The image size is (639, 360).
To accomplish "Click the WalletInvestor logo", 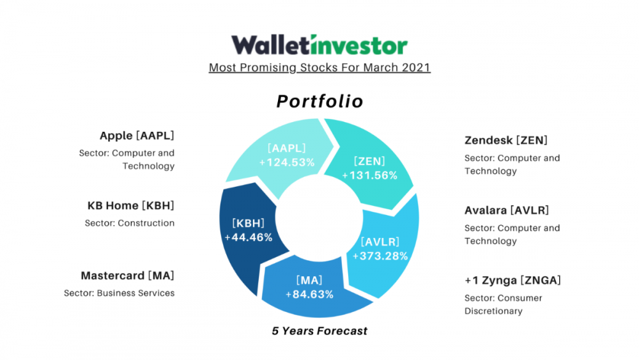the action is [319, 45].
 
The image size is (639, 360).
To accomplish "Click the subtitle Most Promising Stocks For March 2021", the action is [319, 68].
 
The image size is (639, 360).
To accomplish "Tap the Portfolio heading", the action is [320, 101].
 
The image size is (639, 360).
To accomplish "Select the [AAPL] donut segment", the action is [285, 155].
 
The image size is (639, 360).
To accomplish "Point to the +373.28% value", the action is [380, 256].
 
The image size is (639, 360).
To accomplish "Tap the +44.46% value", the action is [249, 237].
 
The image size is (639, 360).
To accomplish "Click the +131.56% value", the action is [369, 175].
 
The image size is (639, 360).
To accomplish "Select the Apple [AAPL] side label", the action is [137, 136].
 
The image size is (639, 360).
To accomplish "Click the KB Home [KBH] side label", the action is [131, 205].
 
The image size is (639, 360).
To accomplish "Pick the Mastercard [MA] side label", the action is [128, 276].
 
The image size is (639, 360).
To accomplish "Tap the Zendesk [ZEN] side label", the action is [506, 140].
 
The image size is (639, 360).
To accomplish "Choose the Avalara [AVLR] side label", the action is [507, 210].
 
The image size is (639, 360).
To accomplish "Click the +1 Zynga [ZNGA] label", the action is [512, 281].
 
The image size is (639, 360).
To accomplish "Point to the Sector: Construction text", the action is [130, 223].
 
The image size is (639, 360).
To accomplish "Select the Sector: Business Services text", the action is [119, 293].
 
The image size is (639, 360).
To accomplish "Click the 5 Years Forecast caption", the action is [319, 331].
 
